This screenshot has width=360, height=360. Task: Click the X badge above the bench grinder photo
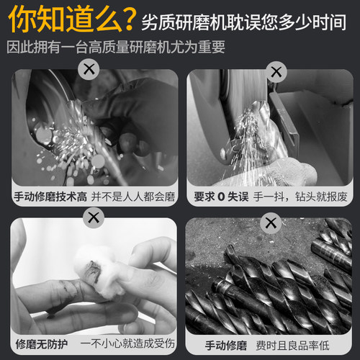(274, 71)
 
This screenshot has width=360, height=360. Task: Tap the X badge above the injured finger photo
(93, 217)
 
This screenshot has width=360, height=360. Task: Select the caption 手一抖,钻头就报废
(301, 197)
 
